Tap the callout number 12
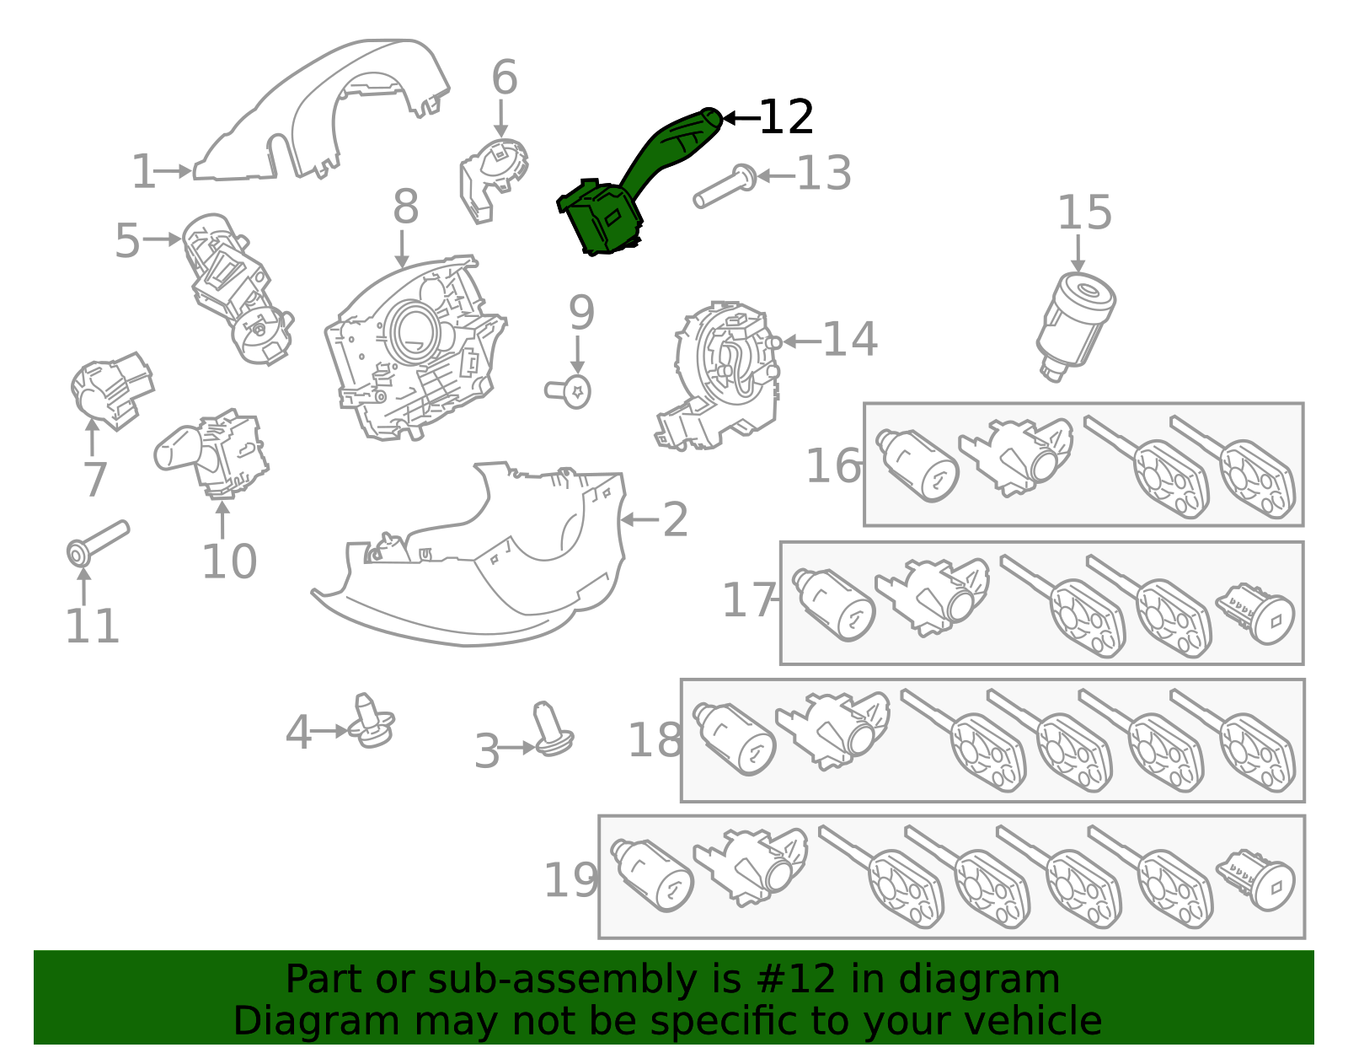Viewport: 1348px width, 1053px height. coord(785,117)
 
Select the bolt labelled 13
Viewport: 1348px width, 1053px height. coord(724,186)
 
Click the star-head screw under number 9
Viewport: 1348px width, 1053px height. coord(570,391)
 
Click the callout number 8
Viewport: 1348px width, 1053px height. coord(405,207)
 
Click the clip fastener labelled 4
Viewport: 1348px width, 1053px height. coord(372,723)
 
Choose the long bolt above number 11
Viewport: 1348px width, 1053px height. coord(96,540)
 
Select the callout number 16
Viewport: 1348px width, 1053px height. coord(833,466)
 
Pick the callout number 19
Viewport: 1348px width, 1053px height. coord(570,880)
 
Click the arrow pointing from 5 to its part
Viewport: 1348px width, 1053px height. coord(162,239)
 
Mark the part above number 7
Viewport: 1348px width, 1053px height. coord(110,391)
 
